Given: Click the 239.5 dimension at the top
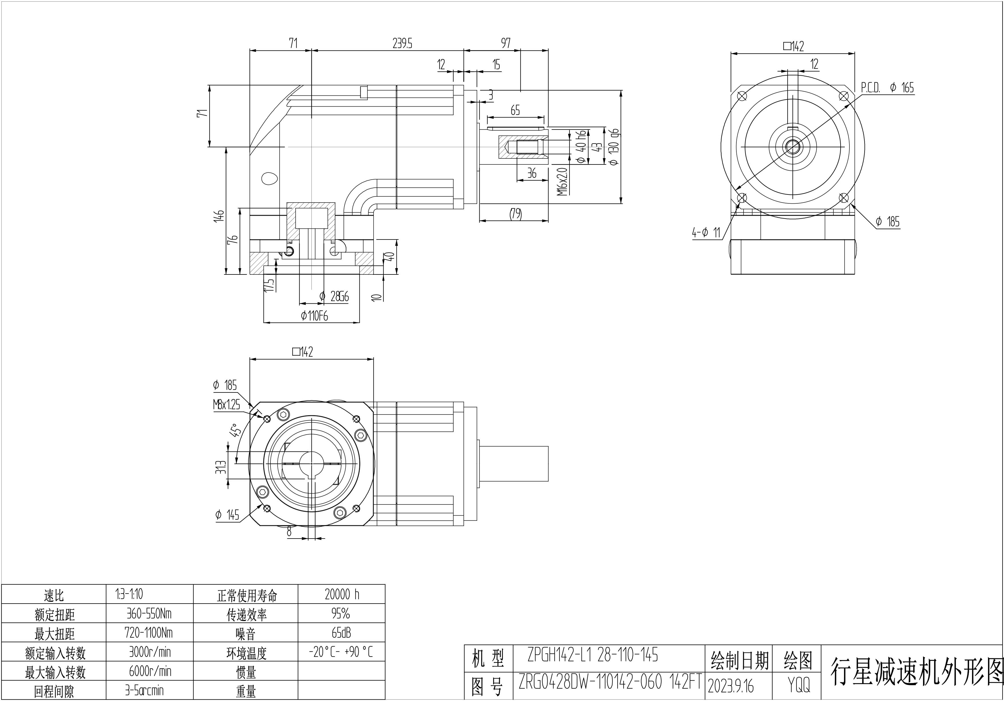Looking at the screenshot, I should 402,43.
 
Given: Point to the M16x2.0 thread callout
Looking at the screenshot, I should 563,181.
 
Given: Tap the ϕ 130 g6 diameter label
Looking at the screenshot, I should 614,147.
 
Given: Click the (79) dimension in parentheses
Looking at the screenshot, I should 515,214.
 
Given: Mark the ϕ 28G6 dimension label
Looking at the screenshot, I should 335,297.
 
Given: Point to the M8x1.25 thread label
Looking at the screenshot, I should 226,404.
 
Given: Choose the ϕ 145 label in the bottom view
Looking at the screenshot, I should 227,515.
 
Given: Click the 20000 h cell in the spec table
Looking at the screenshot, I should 342,594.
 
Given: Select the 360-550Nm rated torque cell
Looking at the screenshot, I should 149,614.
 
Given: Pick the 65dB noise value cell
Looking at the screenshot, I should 341,633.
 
